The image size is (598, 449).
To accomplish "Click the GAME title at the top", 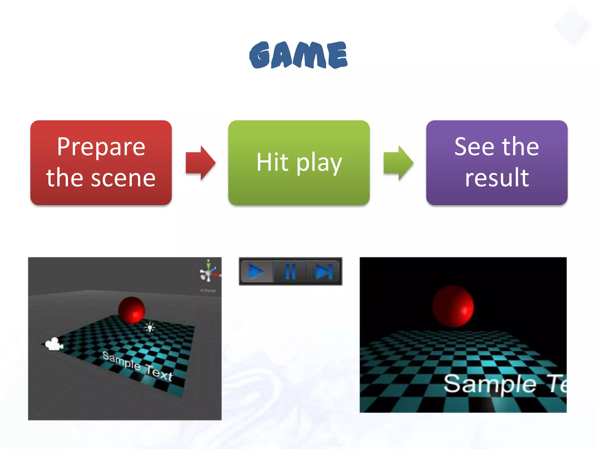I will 298,55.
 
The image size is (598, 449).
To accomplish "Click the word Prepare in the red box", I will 101,147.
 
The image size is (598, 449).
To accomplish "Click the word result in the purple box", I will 497,177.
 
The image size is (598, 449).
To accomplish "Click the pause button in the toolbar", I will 290,272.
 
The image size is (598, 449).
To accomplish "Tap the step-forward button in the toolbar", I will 324,272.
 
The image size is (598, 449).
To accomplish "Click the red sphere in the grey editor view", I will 132,310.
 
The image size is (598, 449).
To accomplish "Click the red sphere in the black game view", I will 453,306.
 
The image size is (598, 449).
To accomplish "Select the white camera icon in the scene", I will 54,344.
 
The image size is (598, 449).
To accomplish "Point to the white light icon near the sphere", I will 150,327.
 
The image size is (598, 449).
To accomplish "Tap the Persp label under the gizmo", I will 208,291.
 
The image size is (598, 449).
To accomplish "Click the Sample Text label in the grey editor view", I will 137,366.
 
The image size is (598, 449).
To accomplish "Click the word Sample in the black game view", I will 490,384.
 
